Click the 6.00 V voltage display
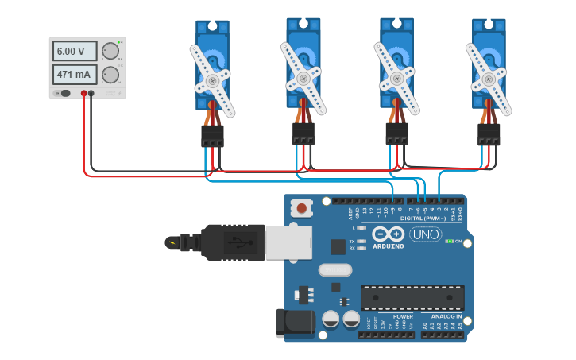click(x=75, y=52)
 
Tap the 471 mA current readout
click(x=75, y=75)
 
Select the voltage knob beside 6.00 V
click(x=110, y=52)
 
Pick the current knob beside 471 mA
click(x=110, y=75)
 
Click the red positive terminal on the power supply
click(x=83, y=94)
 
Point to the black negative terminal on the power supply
click(x=91, y=94)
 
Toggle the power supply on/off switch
click(x=64, y=94)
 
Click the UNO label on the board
click(x=425, y=234)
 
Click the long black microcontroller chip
click(x=412, y=298)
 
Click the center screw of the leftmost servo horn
click(x=211, y=80)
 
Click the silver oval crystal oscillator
click(x=334, y=269)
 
